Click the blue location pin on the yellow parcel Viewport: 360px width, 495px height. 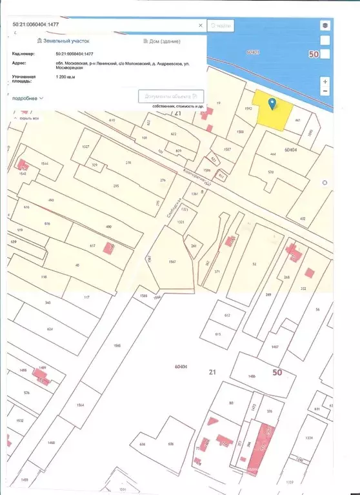273,103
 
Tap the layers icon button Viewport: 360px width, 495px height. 325,25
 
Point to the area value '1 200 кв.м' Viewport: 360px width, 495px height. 66,77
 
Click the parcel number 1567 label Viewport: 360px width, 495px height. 172,261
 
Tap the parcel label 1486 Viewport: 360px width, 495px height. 252,376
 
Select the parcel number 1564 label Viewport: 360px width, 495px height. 80,405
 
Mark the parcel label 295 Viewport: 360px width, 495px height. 116,186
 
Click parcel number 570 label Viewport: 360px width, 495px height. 270,172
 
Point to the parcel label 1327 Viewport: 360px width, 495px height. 85,147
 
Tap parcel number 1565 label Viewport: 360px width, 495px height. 117,346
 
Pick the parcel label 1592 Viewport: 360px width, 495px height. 248,109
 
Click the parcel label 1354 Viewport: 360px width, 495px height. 309,438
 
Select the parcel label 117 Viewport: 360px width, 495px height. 86,298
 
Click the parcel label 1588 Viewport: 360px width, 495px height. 240,132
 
